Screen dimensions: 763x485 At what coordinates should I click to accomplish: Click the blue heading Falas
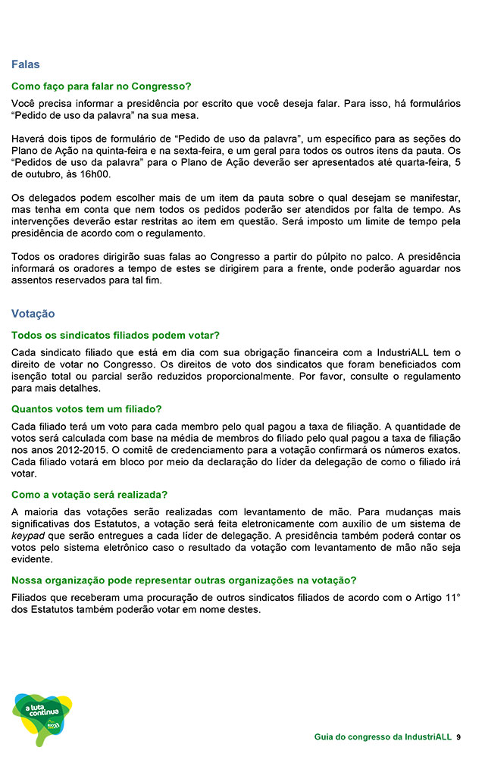25,64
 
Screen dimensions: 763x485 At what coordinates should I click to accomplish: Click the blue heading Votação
33,313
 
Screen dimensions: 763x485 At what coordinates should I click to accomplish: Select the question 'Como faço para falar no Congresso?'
101,86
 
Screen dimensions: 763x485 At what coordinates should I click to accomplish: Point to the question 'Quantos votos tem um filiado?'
86,409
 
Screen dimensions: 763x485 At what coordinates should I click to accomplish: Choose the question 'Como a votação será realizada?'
89,495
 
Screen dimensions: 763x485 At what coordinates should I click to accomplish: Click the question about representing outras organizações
183,580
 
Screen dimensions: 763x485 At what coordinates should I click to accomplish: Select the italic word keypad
29,536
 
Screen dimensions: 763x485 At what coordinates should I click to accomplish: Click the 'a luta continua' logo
42,716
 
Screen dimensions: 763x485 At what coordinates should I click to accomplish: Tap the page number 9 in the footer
459,737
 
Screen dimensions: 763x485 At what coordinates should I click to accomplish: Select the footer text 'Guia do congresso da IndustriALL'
383,737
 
